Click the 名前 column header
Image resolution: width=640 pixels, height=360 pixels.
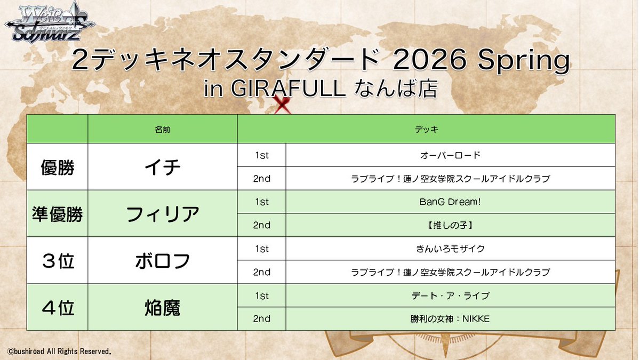click(162, 129)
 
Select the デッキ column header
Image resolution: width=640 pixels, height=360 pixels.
click(426, 129)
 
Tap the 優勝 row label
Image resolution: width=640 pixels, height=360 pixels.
click(57, 167)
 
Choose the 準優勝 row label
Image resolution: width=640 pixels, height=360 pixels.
click(57, 214)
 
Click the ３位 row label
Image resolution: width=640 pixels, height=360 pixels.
click(57, 260)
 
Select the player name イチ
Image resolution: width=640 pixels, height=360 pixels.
click(162, 167)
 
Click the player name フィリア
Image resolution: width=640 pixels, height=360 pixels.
click(162, 214)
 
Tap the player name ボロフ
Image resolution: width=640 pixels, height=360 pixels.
click(162, 260)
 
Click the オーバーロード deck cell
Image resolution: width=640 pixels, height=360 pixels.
click(450, 155)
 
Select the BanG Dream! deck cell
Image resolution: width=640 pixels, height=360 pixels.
click(450, 202)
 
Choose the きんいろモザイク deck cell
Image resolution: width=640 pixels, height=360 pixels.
click(450, 249)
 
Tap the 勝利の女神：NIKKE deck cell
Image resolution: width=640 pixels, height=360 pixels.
click(450, 318)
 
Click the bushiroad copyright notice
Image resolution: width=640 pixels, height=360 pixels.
click(59, 351)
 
